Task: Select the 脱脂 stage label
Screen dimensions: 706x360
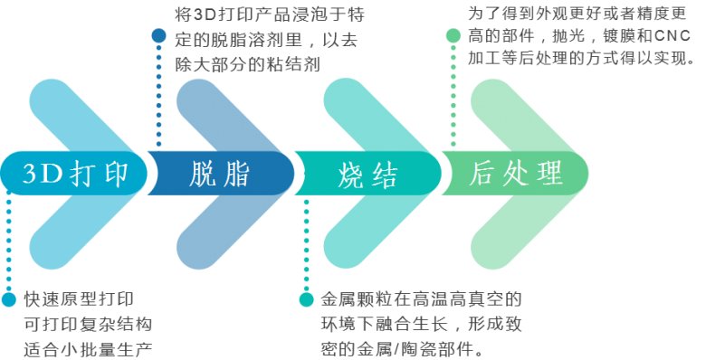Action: point(220,174)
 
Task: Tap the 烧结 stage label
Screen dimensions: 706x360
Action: point(367,174)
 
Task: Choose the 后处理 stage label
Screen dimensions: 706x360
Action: point(517,174)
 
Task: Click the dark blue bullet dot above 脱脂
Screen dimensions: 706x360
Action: point(159,36)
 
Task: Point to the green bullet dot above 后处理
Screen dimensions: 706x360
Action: point(453,36)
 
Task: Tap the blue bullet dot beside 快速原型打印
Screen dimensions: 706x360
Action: point(9,299)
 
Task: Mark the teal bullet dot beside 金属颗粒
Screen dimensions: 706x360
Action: point(306,299)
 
